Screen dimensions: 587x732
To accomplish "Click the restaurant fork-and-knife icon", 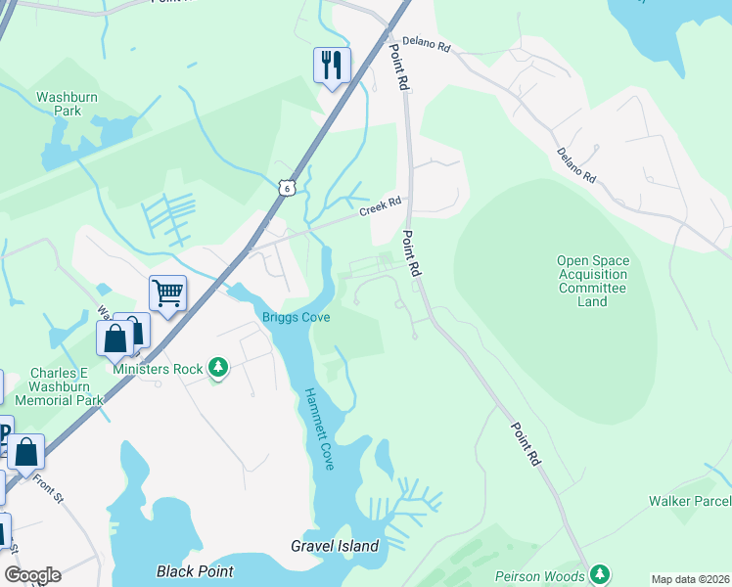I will click(332, 66).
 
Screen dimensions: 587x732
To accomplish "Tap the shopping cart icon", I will click(167, 293).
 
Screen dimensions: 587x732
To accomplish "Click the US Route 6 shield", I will click(285, 186).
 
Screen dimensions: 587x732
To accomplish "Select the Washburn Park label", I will click(58, 104).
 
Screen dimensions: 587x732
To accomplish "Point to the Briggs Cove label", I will click(296, 317).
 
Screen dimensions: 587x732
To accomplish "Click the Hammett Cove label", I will click(320, 429).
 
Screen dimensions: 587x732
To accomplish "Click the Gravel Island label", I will click(335, 546).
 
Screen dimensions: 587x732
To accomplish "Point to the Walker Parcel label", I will click(689, 501).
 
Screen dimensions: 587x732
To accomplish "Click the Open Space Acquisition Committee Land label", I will click(592, 281).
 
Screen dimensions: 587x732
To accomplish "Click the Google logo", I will click(32, 575).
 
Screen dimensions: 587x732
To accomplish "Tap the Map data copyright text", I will click(689, 579).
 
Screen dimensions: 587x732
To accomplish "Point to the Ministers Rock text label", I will click(158, 369).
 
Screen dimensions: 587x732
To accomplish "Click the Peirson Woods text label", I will click(539, 576).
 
